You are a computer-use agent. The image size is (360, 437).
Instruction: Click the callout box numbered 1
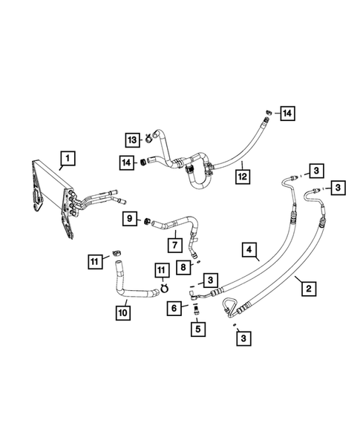67,157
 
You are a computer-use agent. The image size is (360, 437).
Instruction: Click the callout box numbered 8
183,268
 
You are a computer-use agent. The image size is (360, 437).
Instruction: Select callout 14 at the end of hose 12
287,113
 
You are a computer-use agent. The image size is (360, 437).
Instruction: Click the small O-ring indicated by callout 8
197,260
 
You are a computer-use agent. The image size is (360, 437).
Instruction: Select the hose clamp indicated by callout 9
147,220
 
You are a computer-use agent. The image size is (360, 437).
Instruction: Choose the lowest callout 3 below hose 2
242,339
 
